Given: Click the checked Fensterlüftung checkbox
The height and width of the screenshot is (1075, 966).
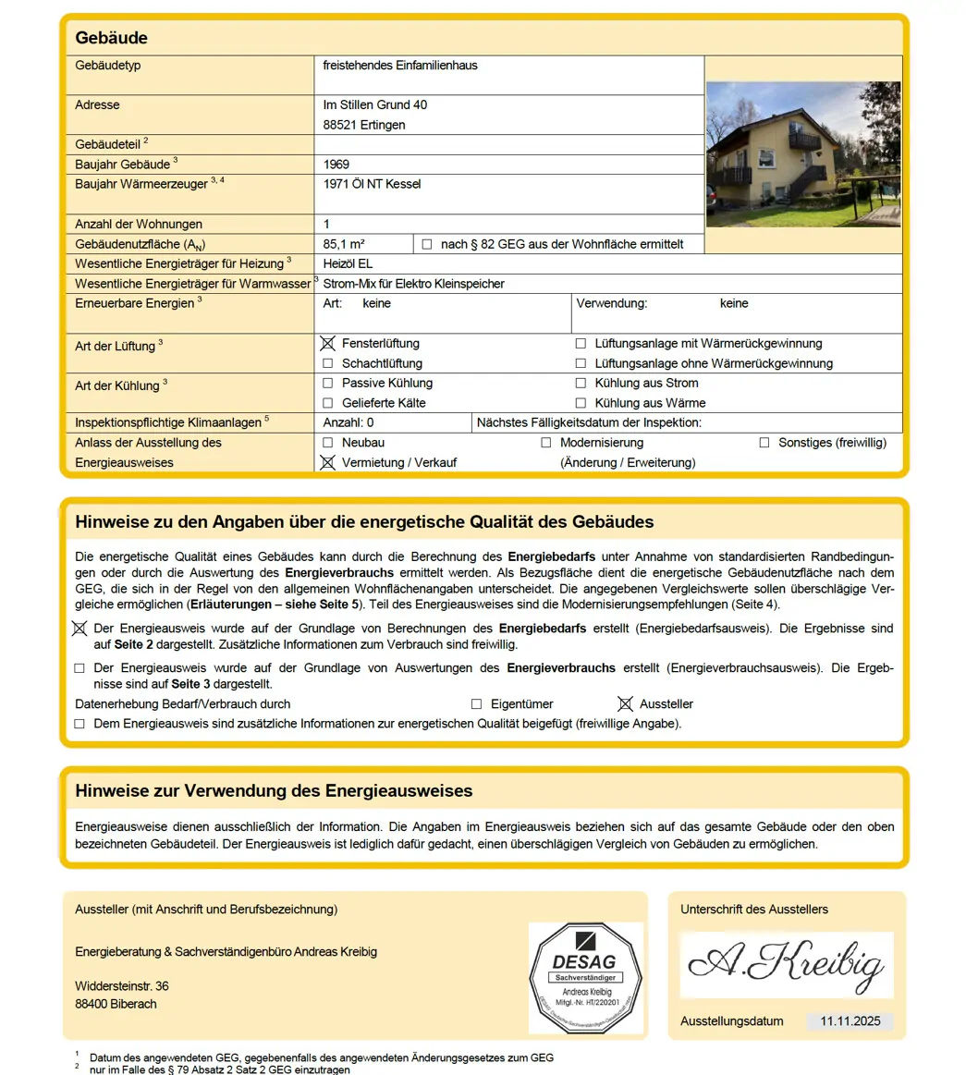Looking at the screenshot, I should point(327,343).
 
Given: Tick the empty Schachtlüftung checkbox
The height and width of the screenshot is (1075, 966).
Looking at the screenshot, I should point(327,363).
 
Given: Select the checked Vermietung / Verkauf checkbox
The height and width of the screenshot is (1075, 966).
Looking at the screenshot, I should point(327,462).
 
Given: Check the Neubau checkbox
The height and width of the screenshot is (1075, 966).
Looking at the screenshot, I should point(327,443).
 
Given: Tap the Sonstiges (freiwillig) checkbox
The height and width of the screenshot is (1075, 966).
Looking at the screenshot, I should point(764,443).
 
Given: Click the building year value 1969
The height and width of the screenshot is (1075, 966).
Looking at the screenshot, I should point(336,165).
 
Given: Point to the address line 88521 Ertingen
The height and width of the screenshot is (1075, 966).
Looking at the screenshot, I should point(364,125).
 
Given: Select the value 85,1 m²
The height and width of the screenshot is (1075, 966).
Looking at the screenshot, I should point(344,244).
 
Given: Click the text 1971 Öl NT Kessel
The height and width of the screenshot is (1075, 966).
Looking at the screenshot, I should point(372,184).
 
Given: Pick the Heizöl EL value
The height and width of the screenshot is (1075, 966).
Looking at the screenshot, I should point(348,264).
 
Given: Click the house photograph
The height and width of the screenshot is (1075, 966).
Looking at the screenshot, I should point(802,153).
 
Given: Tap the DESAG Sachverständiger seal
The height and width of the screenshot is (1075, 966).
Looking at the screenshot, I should point(584,977).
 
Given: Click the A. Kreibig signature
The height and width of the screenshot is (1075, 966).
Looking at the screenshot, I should point(786,964).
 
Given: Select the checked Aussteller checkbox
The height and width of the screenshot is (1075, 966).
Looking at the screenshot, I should point(625,704).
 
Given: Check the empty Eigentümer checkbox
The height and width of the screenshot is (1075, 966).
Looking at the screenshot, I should point(476,704).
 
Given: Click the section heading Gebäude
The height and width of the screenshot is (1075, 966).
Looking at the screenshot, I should point(111,38).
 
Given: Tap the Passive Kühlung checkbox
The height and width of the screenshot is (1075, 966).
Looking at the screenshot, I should point(327,383).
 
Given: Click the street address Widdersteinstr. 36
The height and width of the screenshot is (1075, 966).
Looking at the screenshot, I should point(122,986).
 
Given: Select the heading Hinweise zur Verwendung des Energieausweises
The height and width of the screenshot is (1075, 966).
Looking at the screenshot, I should point(274,791).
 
